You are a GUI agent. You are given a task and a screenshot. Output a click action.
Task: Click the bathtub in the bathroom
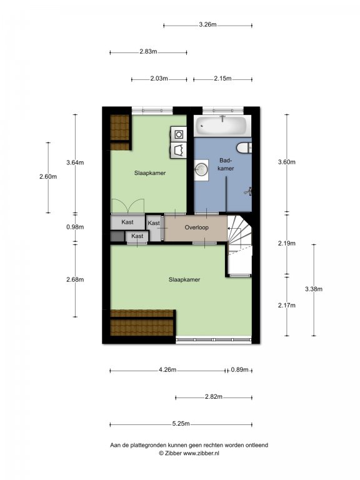(x=222, y=126)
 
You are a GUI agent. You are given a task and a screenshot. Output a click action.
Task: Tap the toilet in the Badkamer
(x=244, y=148)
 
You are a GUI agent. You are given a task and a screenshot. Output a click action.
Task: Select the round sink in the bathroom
(x=201, y=169)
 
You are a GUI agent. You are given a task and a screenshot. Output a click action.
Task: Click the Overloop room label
(x=196, y=227)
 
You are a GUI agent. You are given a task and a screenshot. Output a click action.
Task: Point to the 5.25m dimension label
(x=181, y=424)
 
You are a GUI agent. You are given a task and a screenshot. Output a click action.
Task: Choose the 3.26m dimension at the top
(x=207, y=25)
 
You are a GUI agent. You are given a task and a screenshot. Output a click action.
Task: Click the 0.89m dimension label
(x=239, y=370)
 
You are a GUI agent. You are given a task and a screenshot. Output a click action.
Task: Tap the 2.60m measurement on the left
(x=48, y=177)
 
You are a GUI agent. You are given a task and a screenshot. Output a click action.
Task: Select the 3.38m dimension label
(x=314, y=289)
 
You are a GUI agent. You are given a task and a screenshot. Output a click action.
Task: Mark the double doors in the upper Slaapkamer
(x=127, y=206)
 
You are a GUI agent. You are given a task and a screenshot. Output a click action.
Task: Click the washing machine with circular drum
(x=179, y=134)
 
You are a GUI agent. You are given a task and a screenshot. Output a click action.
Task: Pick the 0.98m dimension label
(x=75, y=227)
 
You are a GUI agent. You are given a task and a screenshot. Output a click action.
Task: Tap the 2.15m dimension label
(x=222, y=79)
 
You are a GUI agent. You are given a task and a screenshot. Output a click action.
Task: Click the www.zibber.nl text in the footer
(x=201, y=453)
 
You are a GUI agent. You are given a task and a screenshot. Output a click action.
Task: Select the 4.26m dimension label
(x=167, y=370)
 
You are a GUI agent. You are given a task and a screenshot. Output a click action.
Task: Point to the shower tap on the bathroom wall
(x=248, y=192)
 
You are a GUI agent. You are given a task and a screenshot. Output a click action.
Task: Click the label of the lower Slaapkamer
(x=184, y=279)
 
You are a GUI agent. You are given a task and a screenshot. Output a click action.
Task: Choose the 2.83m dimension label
(x=148, y=52)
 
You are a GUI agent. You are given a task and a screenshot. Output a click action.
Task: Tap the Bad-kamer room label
(x=226, y=164)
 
